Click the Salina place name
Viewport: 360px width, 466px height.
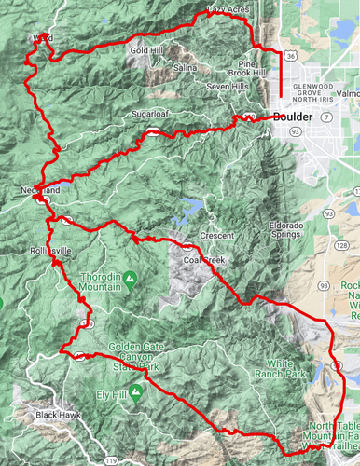185,68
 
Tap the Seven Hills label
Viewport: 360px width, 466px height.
227,86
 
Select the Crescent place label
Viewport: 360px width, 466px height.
216,236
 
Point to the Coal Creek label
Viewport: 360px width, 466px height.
204,260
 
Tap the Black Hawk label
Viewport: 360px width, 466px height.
59,415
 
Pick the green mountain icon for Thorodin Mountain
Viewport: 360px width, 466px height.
131,278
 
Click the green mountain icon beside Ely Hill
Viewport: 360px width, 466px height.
136,392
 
